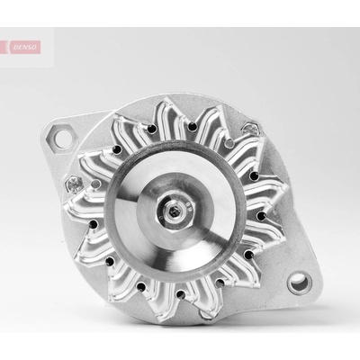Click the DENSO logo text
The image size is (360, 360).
tap(25, 48)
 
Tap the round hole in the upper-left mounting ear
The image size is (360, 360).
tap(63, 139)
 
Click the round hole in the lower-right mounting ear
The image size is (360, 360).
tap(300, 283)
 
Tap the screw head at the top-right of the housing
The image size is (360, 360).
tap(251, 130)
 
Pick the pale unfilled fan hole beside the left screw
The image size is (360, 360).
tap(95, 184)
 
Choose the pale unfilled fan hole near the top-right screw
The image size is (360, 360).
tap(229, 143)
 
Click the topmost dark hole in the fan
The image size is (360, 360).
tap(193, 127)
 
